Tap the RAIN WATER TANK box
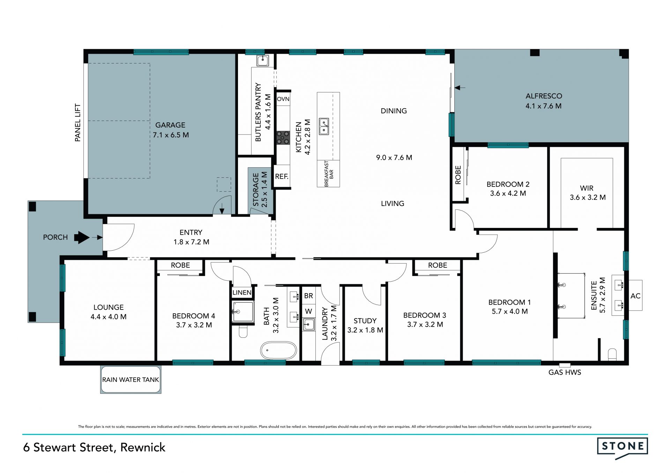[131, 380]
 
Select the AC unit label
[635, 296]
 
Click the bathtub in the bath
[278, 350]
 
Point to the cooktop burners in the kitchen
[283, 137]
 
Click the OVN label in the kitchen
[283, 99]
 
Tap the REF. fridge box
[282, 176]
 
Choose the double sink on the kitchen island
[324, 126]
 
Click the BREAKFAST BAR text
[329, 174]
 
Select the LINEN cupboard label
[242, 292]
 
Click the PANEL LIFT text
[77, 123]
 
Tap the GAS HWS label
[565, 372]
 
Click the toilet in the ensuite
[612, 354]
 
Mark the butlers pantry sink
[263, 60]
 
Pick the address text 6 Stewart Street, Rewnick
[94, 448]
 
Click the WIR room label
[587, 188]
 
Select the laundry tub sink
[308, 325]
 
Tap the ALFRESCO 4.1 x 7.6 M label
[544, 101]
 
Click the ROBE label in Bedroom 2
[458, 175]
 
